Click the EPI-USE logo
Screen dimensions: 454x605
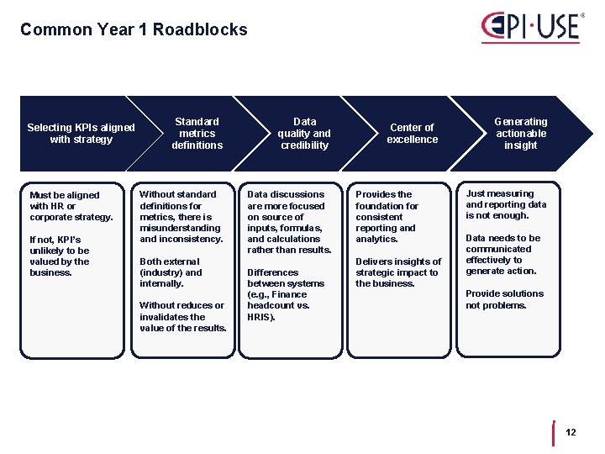(530, 27)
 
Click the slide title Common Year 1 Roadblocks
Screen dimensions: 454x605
(134, 30)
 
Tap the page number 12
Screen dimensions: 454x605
(571, 432)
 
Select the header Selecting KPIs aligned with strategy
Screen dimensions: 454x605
(81, 134)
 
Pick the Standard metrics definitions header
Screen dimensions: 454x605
(197, 134)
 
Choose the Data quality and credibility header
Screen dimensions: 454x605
(304, 134)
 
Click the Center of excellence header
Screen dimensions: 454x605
(412, 134)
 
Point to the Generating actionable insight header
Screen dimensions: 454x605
(520, 134)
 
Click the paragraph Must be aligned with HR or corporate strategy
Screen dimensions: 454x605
(71, 206)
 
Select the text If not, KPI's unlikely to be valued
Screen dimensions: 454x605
(60, 256)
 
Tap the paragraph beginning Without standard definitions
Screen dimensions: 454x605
(181, 217)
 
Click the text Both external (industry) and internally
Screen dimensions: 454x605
(171, 272)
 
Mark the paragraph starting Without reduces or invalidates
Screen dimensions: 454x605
(182, 316)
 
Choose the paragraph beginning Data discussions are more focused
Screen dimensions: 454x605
(289, 222)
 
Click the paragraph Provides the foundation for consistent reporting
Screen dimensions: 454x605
(387, 217)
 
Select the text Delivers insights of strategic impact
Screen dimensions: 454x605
(397, 272)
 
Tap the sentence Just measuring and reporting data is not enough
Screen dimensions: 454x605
(506, 204)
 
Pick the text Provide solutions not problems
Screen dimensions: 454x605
(504, 299)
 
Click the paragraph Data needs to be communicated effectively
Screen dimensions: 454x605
(502, 255)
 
